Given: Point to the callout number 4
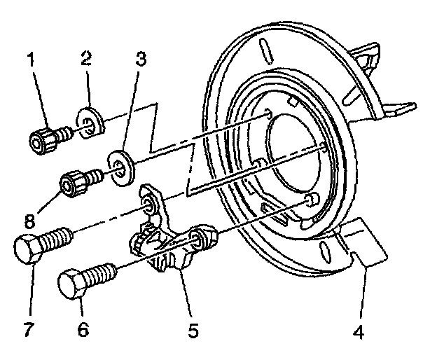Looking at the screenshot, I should [x=359, y=328].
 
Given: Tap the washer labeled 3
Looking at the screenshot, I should [x=121, y=167].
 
